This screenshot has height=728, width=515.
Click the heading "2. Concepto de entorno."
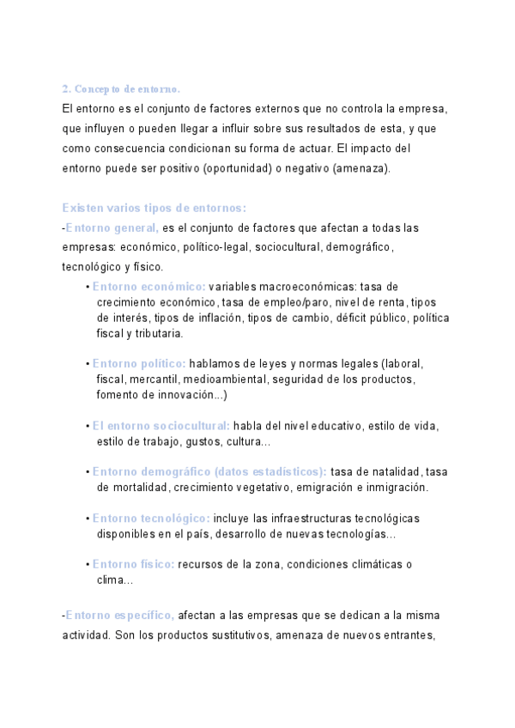click(x=121, y=89)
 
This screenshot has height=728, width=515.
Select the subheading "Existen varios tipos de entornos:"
click(x=154, y=208)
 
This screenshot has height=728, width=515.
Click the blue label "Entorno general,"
click(x=112, y=227)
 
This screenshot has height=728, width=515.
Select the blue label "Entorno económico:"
click(x=148, y=287)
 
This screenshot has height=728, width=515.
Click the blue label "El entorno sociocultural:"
click(x=161, y=426)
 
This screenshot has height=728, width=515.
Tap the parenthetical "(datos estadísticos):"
click(x=270, y=472)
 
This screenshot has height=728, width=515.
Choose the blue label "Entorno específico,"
click(x=120, y=616)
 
